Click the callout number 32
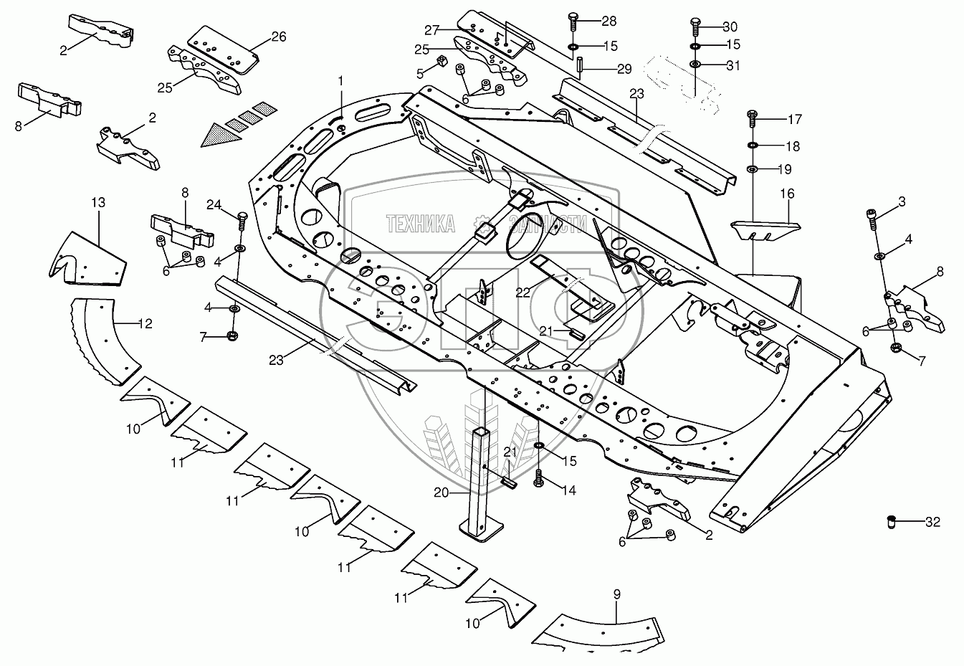click(x=933, y=522)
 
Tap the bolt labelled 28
click(x=573, y=21)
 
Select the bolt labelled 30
click(x=696, y=26)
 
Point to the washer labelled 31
click(x=695, y=65)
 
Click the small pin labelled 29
click(x=579, y=67)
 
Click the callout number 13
click(x=99, y=202)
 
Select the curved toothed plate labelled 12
click(x=103, y=340)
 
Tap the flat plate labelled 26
click(x=224, y=50)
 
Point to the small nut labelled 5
click(x=440, y=62)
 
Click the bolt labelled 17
click(x=753, y=118)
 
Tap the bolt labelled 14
click(x=538, y=478)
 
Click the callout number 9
click(x=616, y=594)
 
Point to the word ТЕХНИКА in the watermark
click(x=421, y=224)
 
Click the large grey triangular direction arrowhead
click(x=221, y=135)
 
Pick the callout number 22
click(x=523, y=292)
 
